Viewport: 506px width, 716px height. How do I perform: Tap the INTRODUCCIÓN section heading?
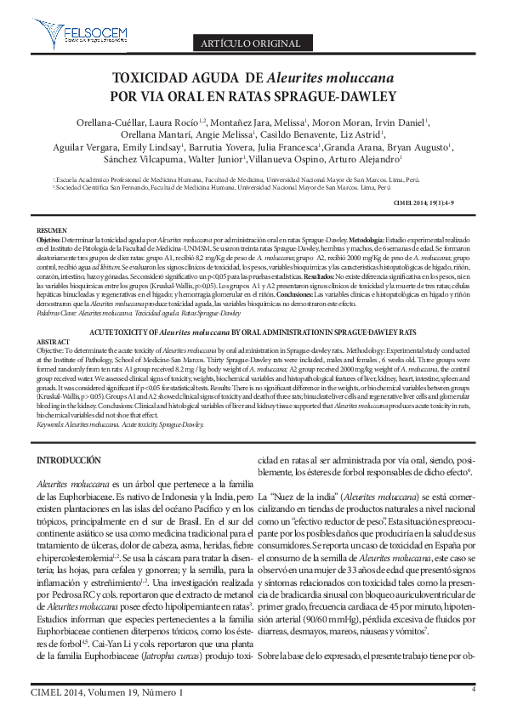(x=79, y=459)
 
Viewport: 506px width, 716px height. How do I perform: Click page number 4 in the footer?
(x=472, y=689)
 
